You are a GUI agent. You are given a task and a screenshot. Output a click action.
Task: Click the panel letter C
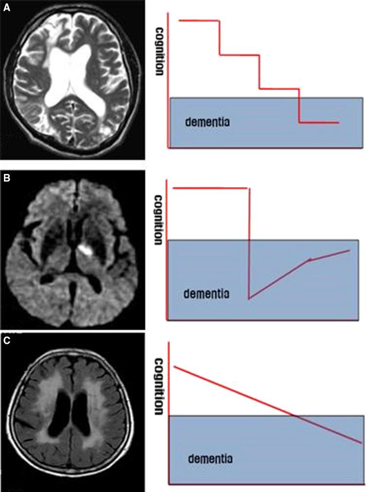click(6, 341)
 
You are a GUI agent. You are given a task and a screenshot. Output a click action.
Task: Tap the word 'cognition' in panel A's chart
click(159, 51)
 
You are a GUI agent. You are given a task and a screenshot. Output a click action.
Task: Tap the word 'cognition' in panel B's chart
click(159, 219)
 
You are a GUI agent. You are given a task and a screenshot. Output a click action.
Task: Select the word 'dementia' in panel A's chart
click(207, 121)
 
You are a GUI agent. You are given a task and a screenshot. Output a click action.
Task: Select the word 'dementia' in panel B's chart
click(204, 294)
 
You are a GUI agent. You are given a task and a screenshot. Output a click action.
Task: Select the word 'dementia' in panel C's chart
click(210, 458)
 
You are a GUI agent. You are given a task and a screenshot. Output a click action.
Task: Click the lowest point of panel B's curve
click(249, 298)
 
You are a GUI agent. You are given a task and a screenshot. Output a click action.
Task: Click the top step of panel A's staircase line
click(199, 20)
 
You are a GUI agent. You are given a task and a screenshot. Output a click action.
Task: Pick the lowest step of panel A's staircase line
click(318, 122)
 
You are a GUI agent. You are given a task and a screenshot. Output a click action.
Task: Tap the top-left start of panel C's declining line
click(173, 366)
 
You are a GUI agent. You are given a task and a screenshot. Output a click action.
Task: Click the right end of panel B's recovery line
click(349, 250)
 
